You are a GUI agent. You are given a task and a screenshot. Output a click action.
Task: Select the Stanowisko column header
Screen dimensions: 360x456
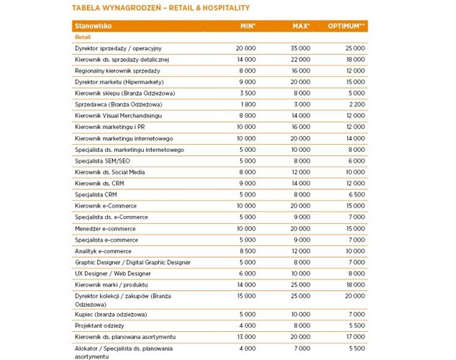click(92, 25)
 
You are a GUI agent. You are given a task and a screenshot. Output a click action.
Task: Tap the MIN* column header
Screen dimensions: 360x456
click(247, 25)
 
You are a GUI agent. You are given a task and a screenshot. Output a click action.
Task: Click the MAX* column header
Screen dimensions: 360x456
click(301, 25)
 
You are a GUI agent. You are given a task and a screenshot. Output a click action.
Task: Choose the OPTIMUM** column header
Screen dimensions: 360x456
click(347, 25)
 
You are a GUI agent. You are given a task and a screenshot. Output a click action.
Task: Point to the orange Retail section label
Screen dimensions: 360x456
click(83, 36)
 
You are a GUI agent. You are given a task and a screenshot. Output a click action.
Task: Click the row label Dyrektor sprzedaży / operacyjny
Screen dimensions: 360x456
click(118, 48)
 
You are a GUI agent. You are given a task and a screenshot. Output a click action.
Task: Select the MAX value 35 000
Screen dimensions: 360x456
click(300, 48)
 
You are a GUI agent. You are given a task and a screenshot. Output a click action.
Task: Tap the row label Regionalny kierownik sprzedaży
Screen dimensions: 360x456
click(117, 71)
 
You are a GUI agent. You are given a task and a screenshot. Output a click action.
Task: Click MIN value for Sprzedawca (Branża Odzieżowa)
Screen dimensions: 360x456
click(247, 104)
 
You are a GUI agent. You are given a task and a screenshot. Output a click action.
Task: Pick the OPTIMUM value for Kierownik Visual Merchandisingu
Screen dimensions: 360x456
click(356, 115)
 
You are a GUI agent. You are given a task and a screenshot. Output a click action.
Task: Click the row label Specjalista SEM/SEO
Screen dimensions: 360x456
click(105, 161)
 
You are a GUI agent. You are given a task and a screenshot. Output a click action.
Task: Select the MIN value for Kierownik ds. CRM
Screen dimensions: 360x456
click(247, 183)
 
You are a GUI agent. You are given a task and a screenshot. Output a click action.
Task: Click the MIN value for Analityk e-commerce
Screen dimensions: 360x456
click(247, 251)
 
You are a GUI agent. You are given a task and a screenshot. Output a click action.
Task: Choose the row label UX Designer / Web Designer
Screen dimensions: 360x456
click(113, 274)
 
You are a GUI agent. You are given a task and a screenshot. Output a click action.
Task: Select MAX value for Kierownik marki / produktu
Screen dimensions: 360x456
click(300, 285)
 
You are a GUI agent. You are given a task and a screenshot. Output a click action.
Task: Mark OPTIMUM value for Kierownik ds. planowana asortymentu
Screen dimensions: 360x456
click(356, 337)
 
